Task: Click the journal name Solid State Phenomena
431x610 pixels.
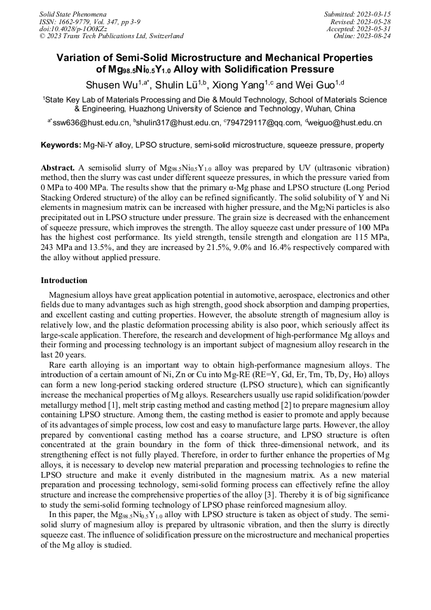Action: tap(72, 13)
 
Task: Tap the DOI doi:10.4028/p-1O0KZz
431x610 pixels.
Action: tap(72, 29)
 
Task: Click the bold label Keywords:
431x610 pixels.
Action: tap(60, 145)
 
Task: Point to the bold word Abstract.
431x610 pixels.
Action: tap(58, 167)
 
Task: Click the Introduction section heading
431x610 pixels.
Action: tap(64, 281)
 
